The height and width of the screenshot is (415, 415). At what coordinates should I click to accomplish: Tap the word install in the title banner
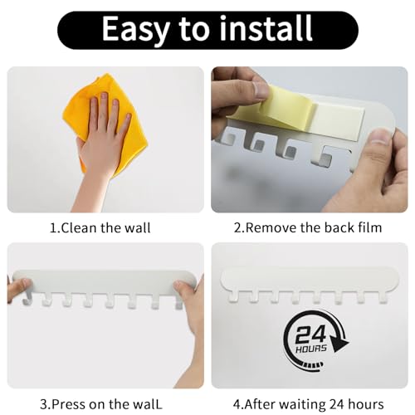point(261,30)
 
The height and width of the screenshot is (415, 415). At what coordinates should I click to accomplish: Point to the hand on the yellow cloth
point(101,133)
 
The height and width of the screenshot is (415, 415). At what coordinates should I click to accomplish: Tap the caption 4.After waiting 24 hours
point(309,403)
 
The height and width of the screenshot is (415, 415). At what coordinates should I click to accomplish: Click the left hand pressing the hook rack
point(18,290)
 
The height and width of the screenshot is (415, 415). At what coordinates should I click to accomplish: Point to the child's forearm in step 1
point(91,187)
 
